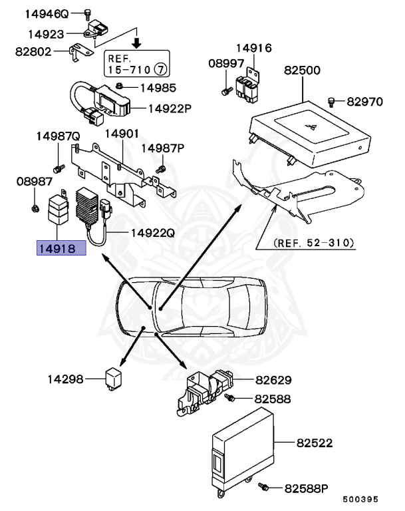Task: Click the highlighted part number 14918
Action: click(x=61, y=249)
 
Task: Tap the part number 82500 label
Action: click(x=303, y=70)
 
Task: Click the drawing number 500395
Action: click(x=360, y=498)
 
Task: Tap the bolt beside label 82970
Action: click(x=331, y=101)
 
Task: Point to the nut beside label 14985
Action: click(x=118, y=86)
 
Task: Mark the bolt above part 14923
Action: click(x=87, y=13)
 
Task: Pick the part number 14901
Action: click(x=121, y=134)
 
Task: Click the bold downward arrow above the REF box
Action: click(x=136, y=43)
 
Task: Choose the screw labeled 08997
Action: click(x=226, y=90)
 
